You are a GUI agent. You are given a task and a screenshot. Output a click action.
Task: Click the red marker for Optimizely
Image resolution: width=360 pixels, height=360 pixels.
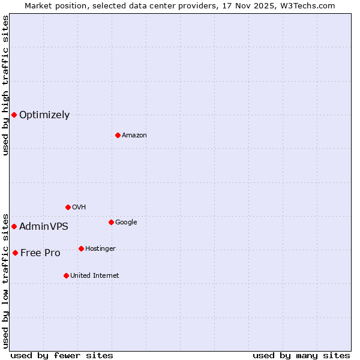[x=14, y=115]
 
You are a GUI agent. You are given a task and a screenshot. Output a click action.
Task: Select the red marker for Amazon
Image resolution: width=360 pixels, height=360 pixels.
[x=118, y=135]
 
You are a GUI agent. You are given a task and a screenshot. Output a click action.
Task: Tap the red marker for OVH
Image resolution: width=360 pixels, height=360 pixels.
[x=68, y=207]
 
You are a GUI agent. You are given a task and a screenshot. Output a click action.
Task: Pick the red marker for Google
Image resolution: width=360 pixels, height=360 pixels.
[x=111, y=222]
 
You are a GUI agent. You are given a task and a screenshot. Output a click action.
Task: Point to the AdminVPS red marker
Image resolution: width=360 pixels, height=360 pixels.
[x=14, y=226]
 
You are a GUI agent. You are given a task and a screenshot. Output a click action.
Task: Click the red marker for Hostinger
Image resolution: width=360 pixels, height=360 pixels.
[x=81, y=248]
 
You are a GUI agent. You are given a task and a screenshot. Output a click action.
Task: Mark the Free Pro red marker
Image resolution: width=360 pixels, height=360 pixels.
[x=15, y=253]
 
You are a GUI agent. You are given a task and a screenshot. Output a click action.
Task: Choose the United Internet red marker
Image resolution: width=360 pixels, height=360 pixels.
[x=66, y=275]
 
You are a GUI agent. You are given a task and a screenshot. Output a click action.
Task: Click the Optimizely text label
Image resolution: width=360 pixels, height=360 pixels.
[x=44, y=115]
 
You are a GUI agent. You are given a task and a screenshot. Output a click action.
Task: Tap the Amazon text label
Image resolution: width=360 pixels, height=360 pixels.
[x=134, y=136]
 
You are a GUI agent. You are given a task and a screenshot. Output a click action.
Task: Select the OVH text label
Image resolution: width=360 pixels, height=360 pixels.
[x=79, y=208]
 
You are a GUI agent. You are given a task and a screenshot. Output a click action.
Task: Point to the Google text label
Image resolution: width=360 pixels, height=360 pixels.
[x=126, y=223]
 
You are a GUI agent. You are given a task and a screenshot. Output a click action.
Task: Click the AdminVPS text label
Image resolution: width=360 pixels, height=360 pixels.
[x=44, y=227]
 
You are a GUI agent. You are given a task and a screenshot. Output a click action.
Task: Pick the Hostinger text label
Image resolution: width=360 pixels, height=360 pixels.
[x=100, y=249]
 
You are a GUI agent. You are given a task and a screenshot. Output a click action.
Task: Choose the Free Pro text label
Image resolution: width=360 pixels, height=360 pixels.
[x=40, y=253]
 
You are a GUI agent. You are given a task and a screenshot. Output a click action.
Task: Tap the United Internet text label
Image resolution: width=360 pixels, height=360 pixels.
[x=95, y=276]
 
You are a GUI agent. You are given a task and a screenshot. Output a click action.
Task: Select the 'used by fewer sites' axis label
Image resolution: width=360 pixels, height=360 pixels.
[x=62, y=355]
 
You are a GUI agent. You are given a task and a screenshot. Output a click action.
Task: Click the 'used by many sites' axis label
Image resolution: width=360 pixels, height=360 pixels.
[x=301, y=355]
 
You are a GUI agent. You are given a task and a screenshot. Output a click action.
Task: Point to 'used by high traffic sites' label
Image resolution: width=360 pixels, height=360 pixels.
[x=5, y=85]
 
